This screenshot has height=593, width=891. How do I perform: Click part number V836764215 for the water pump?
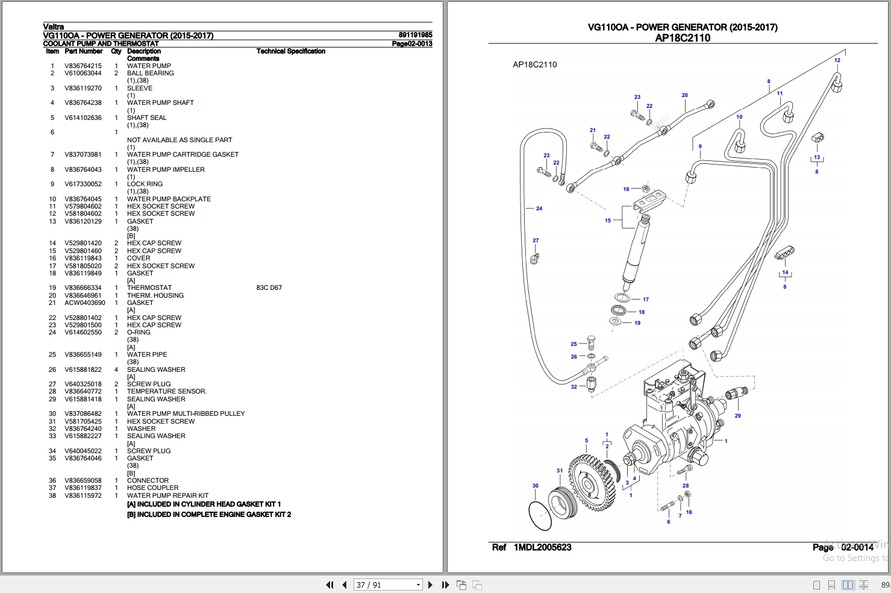tap(83, 66)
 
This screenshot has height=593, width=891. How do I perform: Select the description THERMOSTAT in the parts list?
tap(149, 287)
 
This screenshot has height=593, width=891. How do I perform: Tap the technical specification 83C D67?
tap(269, 287)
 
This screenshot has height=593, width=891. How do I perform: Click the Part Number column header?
tap(84, 51)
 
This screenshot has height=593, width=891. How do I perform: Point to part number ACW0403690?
tap(85, 303)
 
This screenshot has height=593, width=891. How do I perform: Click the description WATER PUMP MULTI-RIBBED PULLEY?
tap(186, 413)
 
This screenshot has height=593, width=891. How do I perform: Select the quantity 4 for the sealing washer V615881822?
tap(116, 369)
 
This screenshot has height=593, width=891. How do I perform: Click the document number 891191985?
tap(415, 34)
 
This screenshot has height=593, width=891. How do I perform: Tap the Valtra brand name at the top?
tap(53, 27)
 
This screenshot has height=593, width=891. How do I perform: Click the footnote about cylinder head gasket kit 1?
tap(204, 504)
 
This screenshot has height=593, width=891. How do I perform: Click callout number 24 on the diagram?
tap(539, 208)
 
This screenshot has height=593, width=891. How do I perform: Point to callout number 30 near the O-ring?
tap(536, 486)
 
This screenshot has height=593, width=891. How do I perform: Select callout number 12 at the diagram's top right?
tap(837, 60)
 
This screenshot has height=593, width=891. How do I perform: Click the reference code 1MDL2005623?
tap(543, 547)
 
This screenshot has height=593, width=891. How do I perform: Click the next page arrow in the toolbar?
tap(430, 585)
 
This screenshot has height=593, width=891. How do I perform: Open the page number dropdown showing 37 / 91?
tap(387, 585)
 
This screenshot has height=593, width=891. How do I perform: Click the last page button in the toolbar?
tap(446, 585)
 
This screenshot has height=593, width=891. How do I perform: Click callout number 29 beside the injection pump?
tap(738, 415)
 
